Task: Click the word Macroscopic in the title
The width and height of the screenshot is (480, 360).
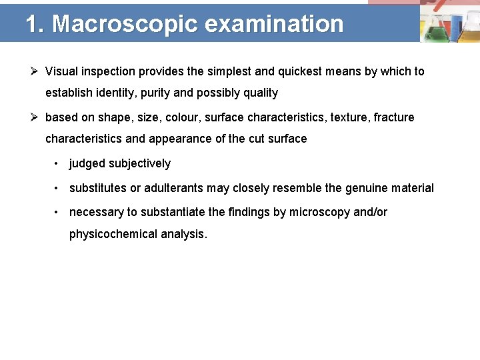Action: (x=125, y=24)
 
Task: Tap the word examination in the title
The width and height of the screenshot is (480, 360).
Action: (x=274, y=24)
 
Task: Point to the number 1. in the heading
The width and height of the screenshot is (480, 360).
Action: (x=35, y=24)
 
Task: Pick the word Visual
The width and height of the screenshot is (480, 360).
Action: (x=61, y=71)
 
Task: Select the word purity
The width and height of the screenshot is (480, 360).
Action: (x=155, y=93)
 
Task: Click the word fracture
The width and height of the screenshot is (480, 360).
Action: (x=394, y=118)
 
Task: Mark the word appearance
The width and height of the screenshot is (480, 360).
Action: (x=180, y=139)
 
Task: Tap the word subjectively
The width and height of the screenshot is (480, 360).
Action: (x=139, y=164)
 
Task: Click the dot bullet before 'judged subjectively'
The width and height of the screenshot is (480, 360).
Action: (x=58, y=164)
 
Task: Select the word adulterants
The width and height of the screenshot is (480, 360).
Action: (x=173, y=189)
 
